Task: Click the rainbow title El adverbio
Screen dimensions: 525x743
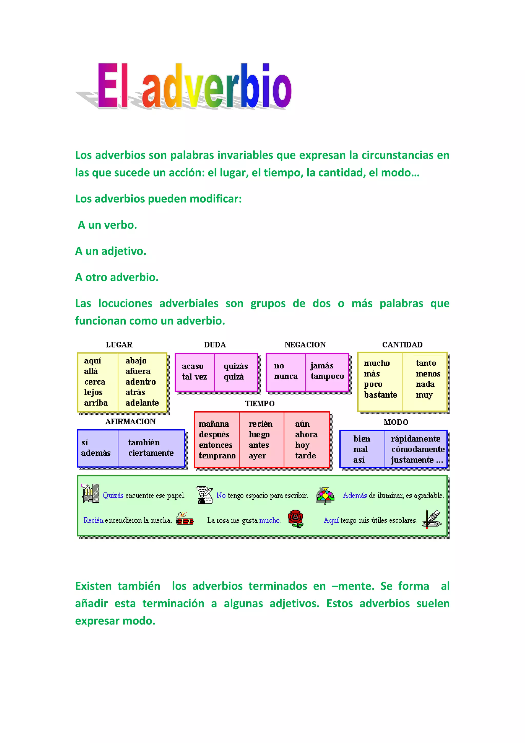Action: (194, 86)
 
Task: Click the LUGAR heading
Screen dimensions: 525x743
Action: (119, 345)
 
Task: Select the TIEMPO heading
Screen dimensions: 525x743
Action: (260, 404)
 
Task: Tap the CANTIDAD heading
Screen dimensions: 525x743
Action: (402, 345)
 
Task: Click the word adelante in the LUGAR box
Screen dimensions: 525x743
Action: (142, 403)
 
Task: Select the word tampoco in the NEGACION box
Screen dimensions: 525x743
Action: (327, 376)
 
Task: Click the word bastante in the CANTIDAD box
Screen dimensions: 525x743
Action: (380, 395)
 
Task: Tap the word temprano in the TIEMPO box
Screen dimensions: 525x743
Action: (217, 456)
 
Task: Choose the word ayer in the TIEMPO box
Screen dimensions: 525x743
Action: (257, 456)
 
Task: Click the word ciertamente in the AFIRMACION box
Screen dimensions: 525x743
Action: (151, 453)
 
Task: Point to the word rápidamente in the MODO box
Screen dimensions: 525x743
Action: (415, 439)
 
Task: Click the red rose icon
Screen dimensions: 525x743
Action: (296, 519)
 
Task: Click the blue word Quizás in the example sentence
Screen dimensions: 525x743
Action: (113, 495)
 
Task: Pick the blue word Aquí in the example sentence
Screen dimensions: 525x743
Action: (331, 520)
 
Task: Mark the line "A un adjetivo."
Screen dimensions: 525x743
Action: (110, 251)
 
